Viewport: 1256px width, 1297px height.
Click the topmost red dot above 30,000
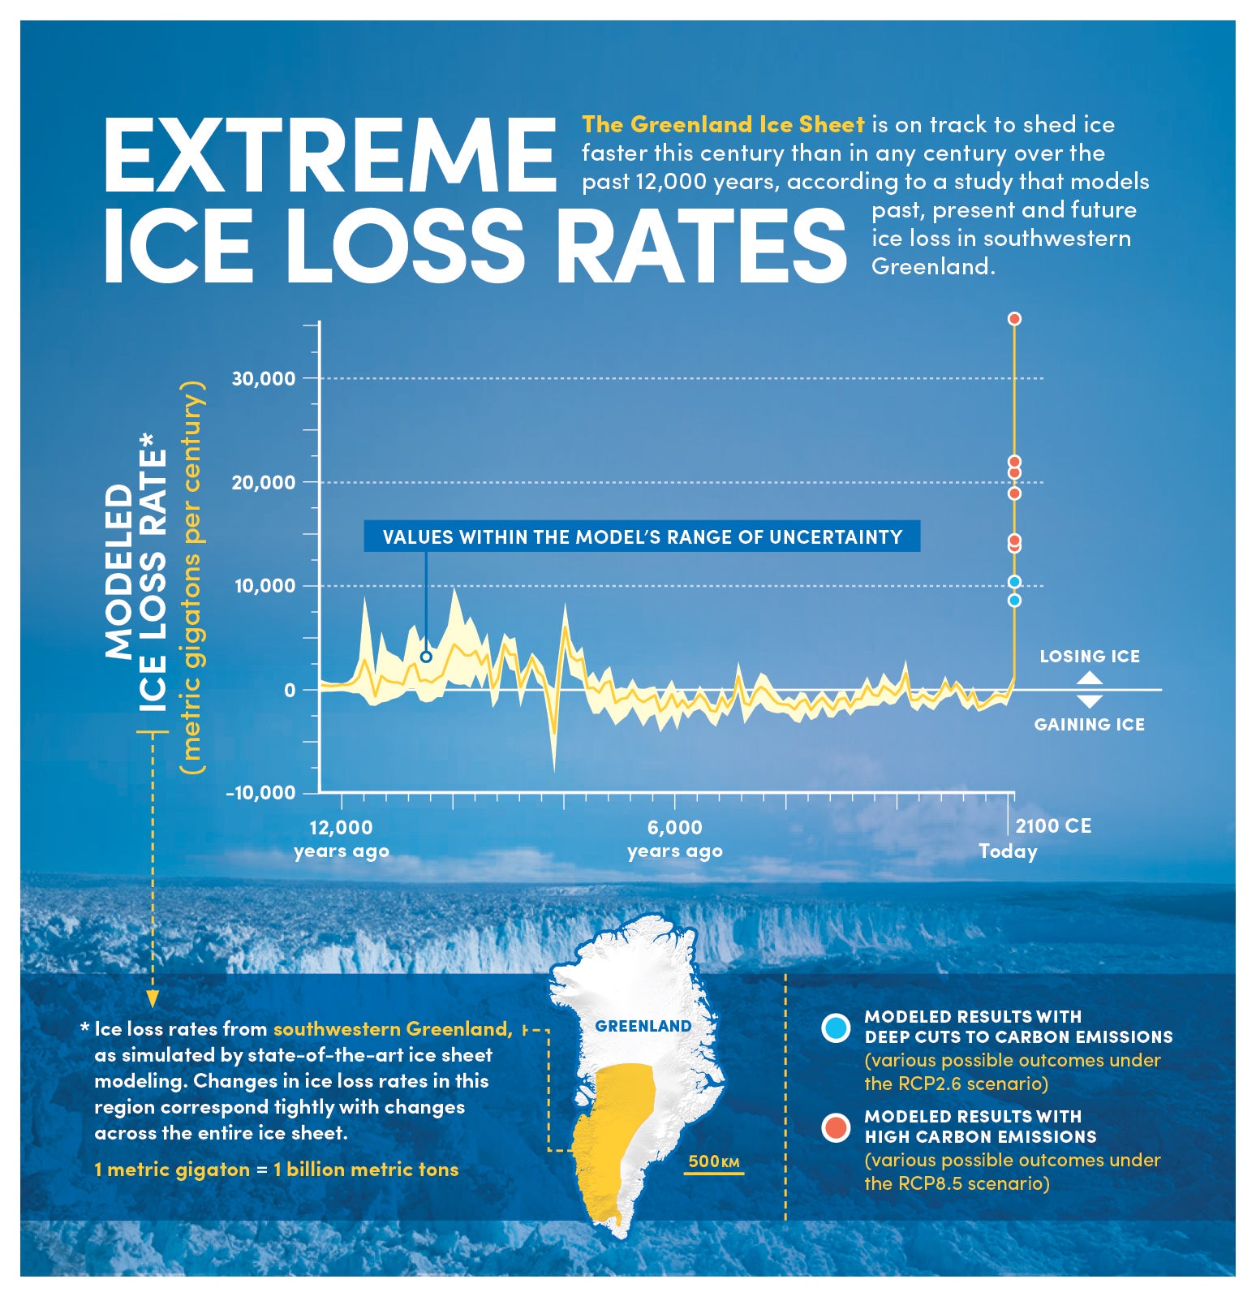tap(1013, 319)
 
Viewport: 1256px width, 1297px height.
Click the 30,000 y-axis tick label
tap(263, 378)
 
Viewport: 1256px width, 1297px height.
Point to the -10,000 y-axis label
tap(260, 793)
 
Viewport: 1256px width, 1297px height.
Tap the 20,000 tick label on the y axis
tap(263, 482)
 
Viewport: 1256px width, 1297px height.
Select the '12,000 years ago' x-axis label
tap(341, 839)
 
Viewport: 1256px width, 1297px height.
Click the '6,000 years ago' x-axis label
tap(674, 839)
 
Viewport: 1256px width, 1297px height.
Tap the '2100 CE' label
tap(1053, 826)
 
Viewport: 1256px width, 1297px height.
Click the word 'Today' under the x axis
tap(1008, 851)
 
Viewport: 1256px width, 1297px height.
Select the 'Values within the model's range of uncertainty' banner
tap(642, 536)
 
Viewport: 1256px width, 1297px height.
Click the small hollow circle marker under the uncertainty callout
tap(426, 657)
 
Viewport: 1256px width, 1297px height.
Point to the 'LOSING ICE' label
tap(1089, 656)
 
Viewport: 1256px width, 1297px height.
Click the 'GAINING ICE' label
tap(1089, 724)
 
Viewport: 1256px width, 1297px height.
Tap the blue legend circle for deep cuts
tap(835, 1028)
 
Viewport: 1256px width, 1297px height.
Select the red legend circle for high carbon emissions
tap(835, 1127)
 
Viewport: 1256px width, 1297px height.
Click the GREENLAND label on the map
tap(643, 1026)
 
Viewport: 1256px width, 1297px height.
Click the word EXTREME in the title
tap(329, 156)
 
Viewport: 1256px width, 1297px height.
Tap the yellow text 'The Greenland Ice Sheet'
tap(722, 124)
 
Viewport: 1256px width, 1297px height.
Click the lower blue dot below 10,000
tap(1013, 601)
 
